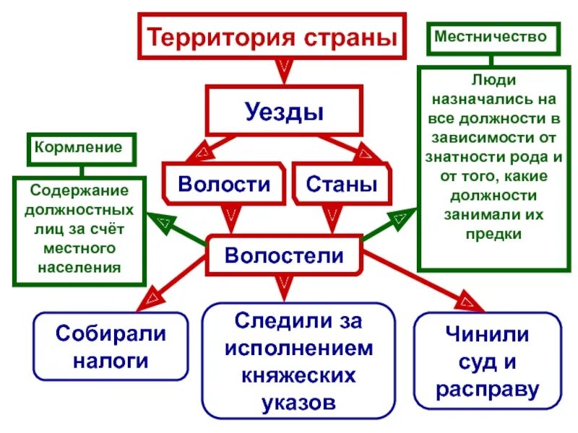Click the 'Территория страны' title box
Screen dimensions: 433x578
pyautogui.click(x=272, y=38)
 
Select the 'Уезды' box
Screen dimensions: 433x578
pyautogui.click(x=284, y=111)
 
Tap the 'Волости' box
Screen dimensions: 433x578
pyautogui.click(x=224, y=183)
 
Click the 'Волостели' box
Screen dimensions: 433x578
pyautogui.click(x=284, y=255)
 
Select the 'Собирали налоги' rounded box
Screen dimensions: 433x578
pyautogui.click(x=111, y=346)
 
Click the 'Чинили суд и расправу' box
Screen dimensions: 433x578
pyautogui.click(x=488, y=362)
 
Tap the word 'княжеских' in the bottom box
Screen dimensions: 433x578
pyautogui.click(x=298, y=375)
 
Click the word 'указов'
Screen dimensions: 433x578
pyautogui.click(x=298, y=401)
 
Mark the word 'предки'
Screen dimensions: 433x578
pyautogui.click(x=495, y=234)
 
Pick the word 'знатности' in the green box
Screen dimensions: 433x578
pyautogui.click(x=467, y=156)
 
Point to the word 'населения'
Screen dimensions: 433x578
pyautogui.click(x=82, y=267)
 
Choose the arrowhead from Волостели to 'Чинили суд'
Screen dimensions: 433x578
pyautogui.click(x=469, y=302)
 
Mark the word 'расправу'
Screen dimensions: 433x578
pyautogui.click(x=488, y=390)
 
